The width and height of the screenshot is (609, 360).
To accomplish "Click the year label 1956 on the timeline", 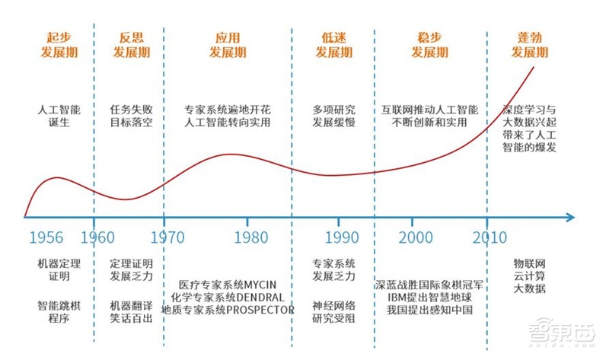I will pos(46,237).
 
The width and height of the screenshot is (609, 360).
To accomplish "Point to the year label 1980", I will pos(250,237).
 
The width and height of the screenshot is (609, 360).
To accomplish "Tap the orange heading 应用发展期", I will pos(228,45).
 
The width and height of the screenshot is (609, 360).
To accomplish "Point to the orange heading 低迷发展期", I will pos(334,45).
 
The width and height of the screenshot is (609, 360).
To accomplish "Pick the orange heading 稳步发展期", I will pos(430,45).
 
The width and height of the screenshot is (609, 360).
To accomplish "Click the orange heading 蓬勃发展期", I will pos(530,45).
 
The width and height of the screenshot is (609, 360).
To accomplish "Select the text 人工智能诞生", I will pos(59,116).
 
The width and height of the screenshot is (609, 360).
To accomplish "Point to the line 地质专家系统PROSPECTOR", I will pos(228,310).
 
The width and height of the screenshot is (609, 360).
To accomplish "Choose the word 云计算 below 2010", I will pos(530,276).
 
